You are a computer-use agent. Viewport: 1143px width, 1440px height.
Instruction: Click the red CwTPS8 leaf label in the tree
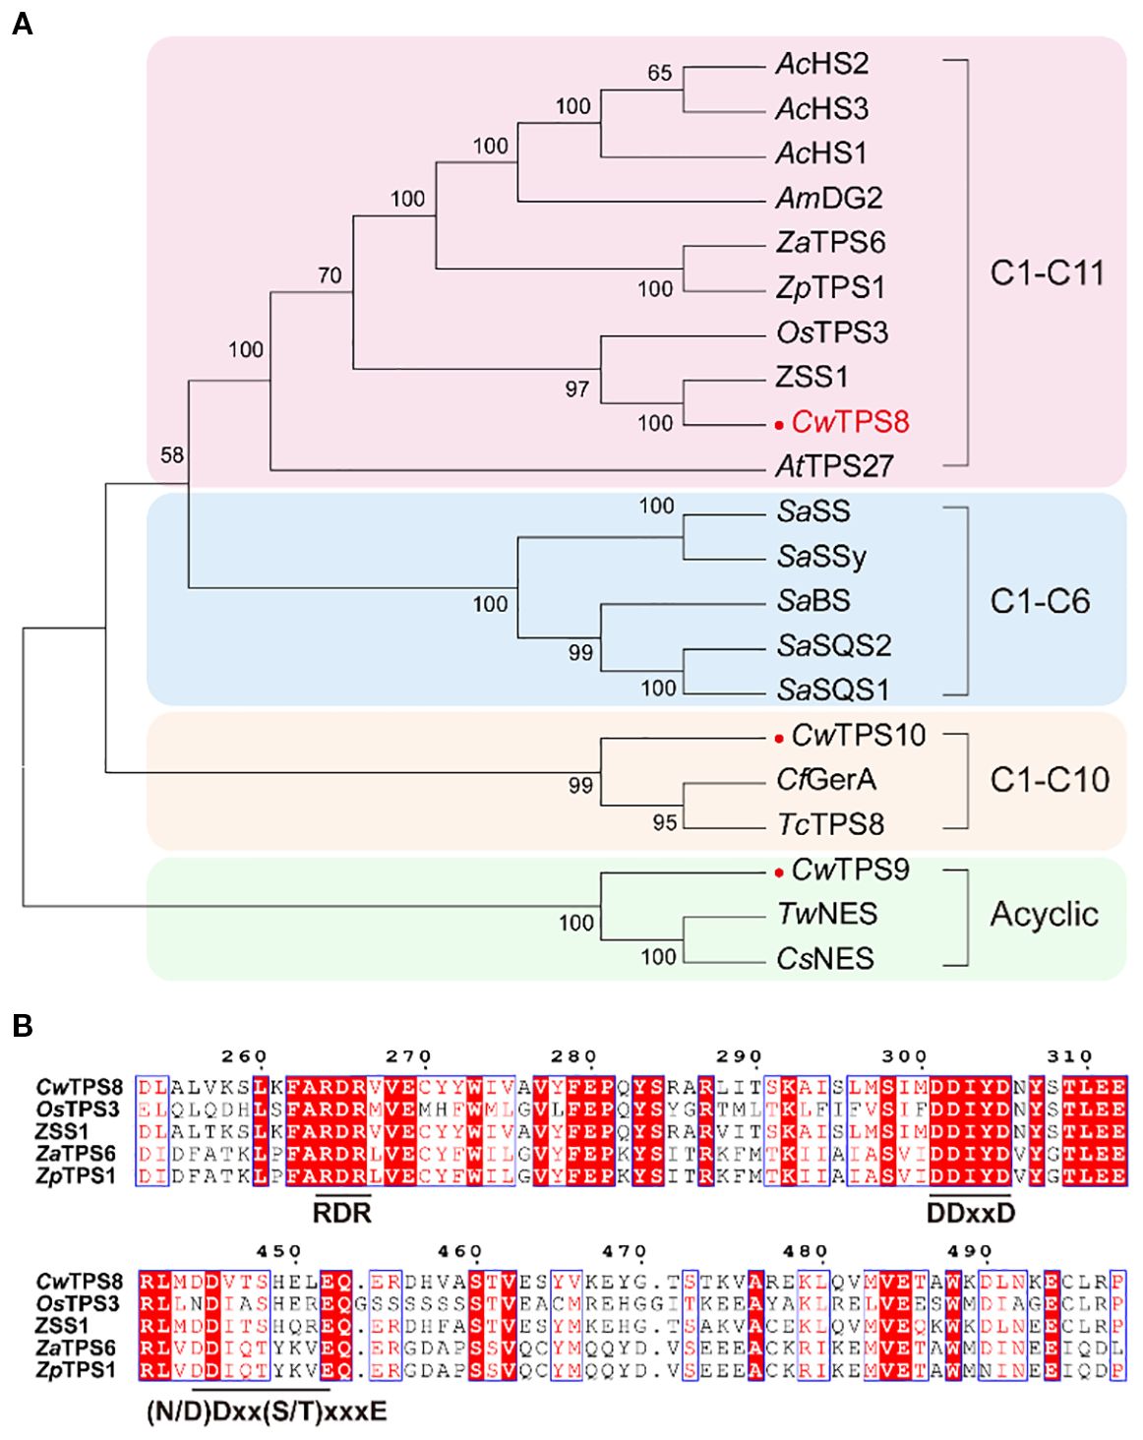850,422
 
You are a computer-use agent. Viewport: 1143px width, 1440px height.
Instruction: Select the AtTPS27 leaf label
834,466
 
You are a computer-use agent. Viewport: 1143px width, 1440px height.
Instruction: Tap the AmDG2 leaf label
828,199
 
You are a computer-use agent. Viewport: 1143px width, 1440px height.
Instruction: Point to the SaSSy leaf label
821,557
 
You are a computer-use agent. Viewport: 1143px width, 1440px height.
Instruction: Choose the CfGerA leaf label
825,780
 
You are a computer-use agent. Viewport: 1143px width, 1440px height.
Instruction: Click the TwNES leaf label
826,915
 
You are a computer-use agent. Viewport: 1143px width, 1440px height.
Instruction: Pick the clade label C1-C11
1047,272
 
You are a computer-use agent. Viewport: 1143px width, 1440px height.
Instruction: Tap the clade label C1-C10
1049,780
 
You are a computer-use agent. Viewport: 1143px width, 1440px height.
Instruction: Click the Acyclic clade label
1044,915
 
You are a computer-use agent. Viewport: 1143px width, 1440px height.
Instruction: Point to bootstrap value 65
659,73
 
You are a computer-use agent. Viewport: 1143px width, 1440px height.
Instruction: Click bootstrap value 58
173,454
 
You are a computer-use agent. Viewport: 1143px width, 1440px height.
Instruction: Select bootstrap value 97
576,390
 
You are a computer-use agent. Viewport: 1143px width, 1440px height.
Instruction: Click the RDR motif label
341,1213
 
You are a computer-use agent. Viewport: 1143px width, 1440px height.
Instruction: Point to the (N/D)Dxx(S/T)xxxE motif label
266,1412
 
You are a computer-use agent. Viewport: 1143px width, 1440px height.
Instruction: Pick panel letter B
22,1026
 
